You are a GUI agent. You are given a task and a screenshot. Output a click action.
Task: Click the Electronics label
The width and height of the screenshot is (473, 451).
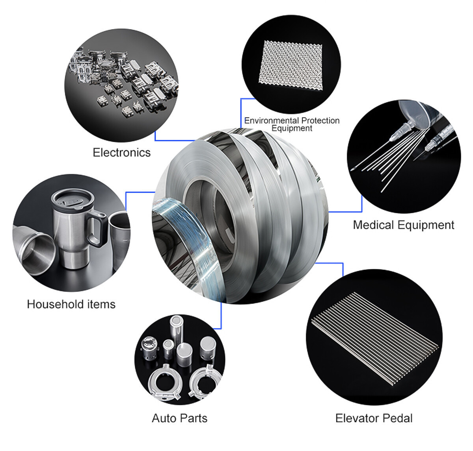click(x=121, y=152)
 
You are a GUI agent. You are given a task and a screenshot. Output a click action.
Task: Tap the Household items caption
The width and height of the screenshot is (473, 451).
click(x=71, y=304)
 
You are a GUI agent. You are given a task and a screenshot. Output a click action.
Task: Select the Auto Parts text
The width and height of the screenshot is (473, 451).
click(x=179, y=418)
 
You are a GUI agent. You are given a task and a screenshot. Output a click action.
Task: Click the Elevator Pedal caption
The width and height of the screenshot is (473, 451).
click(x=374, y=418)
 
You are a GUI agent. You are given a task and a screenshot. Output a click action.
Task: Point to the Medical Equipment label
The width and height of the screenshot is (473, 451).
click(x=403, y=225)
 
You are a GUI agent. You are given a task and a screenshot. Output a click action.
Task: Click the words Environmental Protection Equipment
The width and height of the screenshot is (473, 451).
click(x=292, y=124)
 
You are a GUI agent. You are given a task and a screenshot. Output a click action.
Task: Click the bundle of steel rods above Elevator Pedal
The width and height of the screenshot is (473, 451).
click(x=374, y=338)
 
